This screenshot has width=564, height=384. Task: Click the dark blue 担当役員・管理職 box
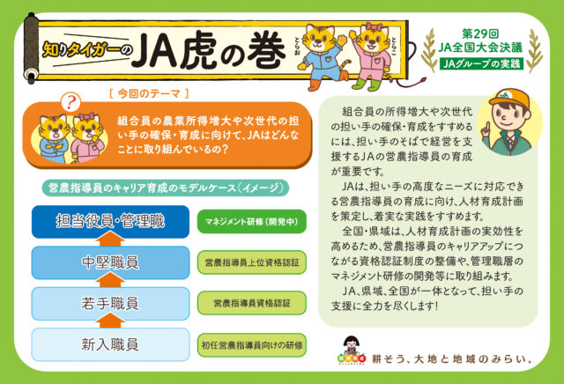[110, 221]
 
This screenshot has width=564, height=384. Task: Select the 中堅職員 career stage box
[110, 262]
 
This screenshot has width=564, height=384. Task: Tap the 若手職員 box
[110, 304]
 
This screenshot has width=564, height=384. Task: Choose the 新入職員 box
[110, 344]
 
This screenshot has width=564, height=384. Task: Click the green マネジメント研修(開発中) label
[252, 221]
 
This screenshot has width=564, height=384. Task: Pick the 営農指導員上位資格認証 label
[252, 262]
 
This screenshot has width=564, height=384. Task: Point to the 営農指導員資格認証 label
[252, 303]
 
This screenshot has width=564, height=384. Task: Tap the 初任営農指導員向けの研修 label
[252, 345]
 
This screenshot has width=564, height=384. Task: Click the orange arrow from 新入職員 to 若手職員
[110, 321]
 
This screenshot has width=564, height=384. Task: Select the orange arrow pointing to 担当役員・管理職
[110, 239]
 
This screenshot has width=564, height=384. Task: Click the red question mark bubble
[70, 102]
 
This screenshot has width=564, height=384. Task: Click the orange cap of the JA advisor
[509, 98]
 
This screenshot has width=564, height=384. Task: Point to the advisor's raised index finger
[486, 127]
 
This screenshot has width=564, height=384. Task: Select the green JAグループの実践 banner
[482, 63]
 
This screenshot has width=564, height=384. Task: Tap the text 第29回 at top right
[480, 34]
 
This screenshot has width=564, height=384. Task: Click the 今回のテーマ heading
[149, 94]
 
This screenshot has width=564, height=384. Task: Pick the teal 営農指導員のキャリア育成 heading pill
[166, 188]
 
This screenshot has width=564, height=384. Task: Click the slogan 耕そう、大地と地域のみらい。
[452, 358]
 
